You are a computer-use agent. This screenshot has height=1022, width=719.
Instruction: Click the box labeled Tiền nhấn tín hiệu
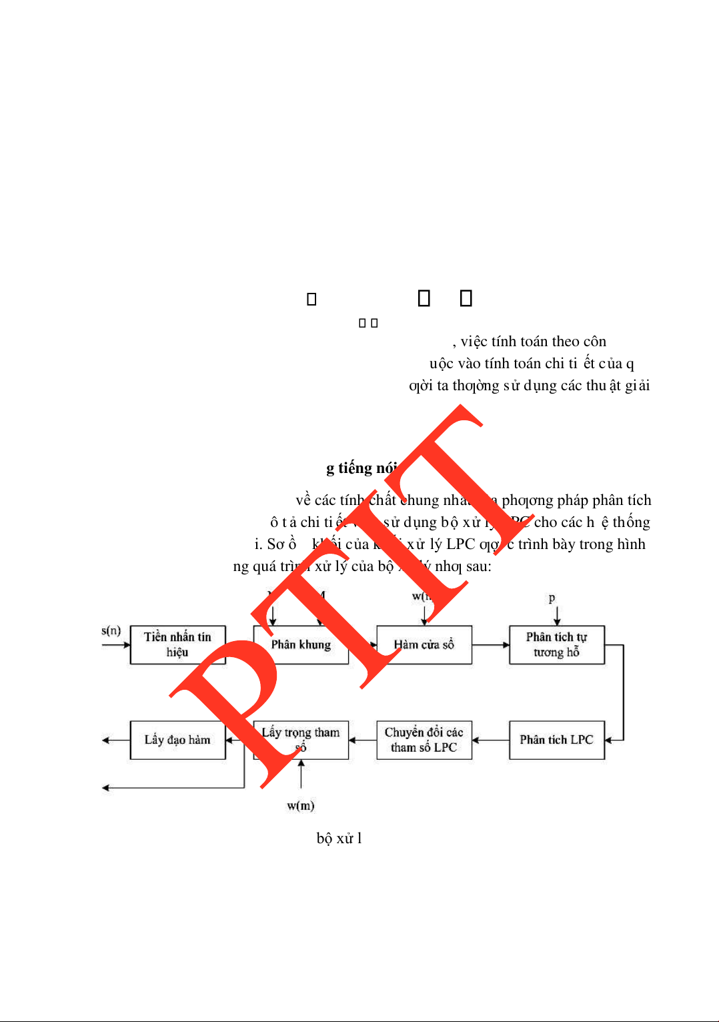[177, 644]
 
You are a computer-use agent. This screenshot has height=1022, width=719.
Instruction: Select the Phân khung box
[301, 644]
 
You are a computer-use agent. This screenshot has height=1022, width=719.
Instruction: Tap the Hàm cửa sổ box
[424, 644]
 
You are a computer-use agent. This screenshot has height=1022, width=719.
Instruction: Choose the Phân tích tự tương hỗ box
[556, 644]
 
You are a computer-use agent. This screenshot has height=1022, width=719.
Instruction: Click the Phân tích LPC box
[556, 740]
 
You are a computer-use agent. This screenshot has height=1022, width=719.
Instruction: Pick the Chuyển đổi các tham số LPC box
[424, 740]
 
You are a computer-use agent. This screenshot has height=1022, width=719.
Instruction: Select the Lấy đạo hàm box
[177, 740]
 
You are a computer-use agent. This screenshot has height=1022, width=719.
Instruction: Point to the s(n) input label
[111, 630]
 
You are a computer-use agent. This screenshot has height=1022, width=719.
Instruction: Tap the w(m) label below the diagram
[301, 805]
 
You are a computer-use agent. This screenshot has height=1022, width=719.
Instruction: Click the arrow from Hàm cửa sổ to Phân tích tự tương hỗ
[491, 645]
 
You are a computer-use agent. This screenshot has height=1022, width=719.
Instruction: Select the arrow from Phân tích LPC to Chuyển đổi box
[491, 740]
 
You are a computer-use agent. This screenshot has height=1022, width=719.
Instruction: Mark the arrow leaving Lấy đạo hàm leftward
[115, 740]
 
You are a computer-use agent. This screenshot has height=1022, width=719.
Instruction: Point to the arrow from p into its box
[557, 615]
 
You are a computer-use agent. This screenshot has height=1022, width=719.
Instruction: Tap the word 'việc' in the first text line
[474, 342]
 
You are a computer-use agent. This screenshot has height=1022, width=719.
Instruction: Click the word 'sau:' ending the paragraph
[478, 566]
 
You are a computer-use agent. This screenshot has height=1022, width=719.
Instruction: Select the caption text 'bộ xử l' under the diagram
[339, 839]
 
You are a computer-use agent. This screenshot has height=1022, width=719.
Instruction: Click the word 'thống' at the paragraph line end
[631, 522]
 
